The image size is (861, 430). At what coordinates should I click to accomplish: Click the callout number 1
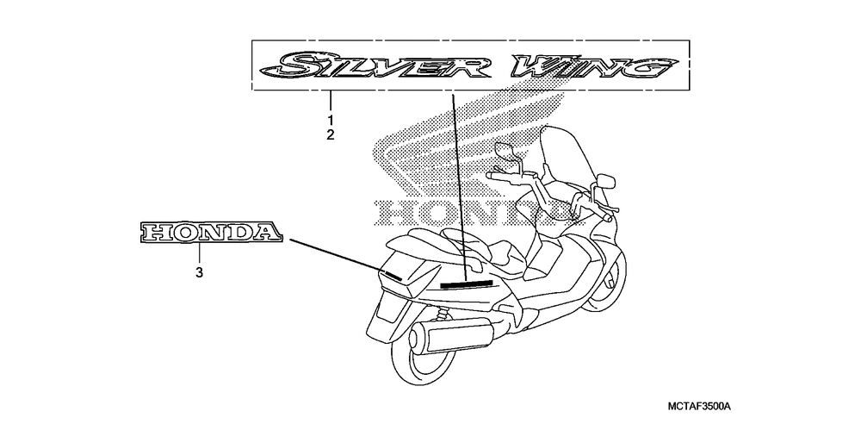tap(330, 118)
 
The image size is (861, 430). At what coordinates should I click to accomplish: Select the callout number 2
tap(330, 134)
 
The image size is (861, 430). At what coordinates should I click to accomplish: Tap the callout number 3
tap(199, 273)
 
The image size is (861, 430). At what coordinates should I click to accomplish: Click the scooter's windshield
tap(573, 164)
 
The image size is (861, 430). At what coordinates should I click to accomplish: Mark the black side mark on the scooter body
tap(465, 282)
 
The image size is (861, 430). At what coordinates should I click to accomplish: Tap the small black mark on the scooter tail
tap(392, 275)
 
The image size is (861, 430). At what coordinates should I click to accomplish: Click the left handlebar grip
tap(498, 176)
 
